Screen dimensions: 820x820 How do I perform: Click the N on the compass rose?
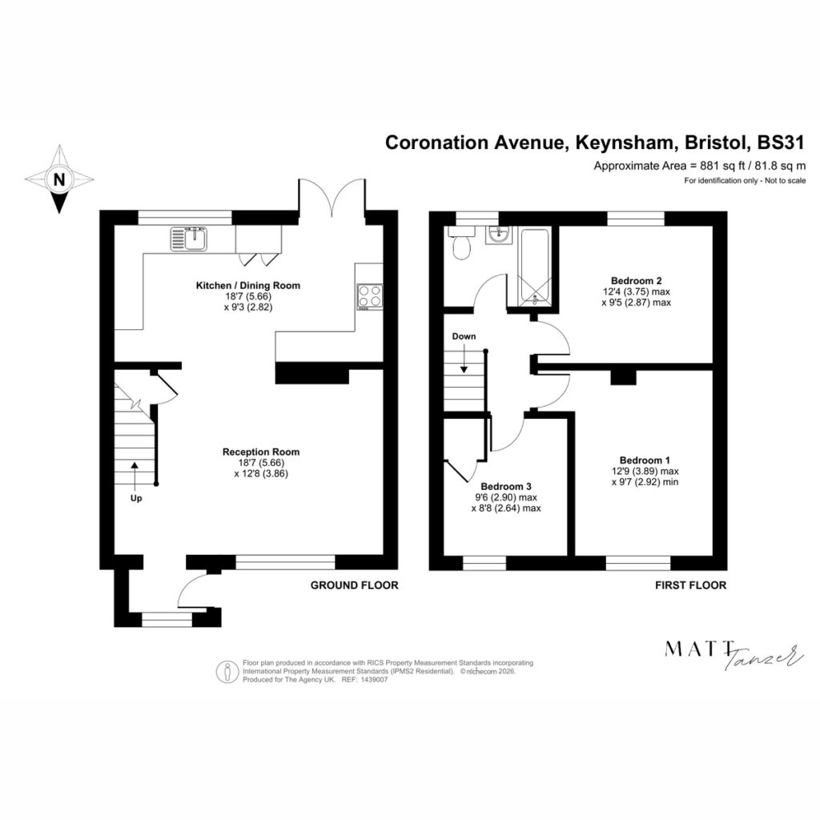tap(59, 180)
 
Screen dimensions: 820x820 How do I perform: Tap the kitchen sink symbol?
tap(188, 239)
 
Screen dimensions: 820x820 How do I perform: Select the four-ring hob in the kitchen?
tap(370, 297)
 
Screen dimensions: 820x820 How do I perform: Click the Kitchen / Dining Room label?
tap(248, 286)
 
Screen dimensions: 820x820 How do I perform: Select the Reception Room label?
tap(261, 452)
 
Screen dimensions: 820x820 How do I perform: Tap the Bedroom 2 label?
tap(637, 281)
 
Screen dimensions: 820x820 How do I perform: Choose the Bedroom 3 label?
tap(506, 486)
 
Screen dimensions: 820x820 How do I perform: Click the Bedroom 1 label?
tap(645, 460)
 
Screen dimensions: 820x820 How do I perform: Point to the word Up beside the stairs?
tap(136, 498)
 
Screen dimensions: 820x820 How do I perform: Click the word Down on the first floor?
tap(464, 336)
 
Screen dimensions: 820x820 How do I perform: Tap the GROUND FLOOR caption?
tap(355, 585)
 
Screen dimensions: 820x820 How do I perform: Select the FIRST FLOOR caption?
tap(691, 585)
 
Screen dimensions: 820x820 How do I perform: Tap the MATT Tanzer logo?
tap(734, 655)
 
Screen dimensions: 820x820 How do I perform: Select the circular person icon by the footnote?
tap(227, 672)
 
